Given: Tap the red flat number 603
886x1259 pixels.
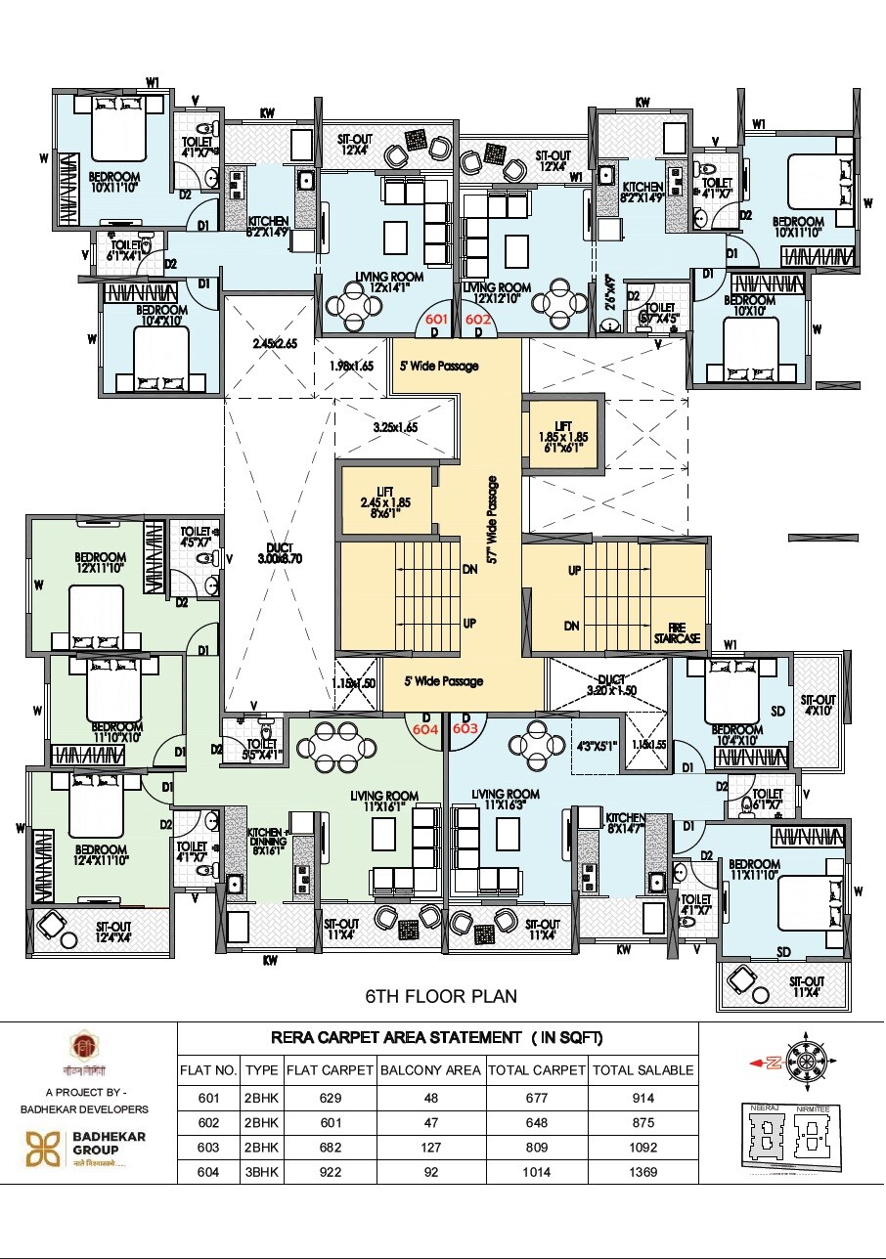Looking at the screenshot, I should pyautogui.click(x=465, y=728).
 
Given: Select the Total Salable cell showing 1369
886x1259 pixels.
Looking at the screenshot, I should pyautogui.click(x=643, y=1172).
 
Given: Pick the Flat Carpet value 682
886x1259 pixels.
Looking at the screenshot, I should pyautogui.click(x=331, y=1147).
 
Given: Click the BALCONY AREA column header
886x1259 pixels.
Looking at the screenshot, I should pyautogui.click(x=430, y=1070).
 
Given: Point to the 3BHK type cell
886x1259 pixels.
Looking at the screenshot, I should pyautogui.click(x=261, y=1172).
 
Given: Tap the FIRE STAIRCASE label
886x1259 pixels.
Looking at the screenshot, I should pyautogui.click(x=677, y=632).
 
